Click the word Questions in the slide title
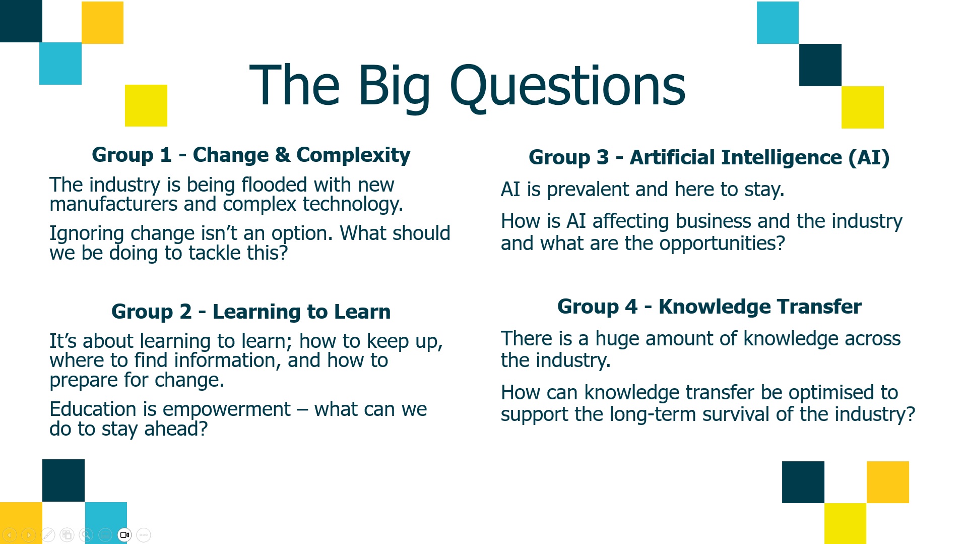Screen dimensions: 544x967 pyautogui.click(x=567, y=86)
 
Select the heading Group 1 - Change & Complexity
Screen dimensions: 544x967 pyautogui.click(x=251, y=155)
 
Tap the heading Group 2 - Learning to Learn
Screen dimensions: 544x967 pyautogui.click(x=251, y=312)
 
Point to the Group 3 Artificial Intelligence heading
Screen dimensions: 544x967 pyautogui.click(x=709, y=157)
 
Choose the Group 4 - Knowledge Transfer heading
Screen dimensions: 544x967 pyautogui.click(x=709, y=307)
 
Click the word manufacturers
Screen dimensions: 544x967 pyautogui.click(x=113, y=204)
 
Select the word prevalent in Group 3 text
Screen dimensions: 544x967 pyautogui.click(x=588, y=190)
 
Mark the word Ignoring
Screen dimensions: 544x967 pyautogui.click(x=87, y=233)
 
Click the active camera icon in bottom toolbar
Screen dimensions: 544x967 pyautogui.click(x=124, y=534)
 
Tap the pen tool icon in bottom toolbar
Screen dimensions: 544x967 pyautogui.click(x=48, y=534)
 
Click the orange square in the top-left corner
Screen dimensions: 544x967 pyautogui.click(x=102, y=22)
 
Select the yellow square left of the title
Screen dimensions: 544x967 pyautogui.click(x=146, y=105)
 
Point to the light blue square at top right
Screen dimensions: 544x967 pyautogui.click(x=777, y=22)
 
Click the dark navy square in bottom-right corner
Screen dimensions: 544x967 pyautogui.click(x=803, y=482)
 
